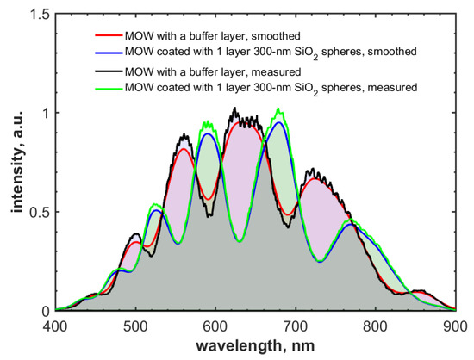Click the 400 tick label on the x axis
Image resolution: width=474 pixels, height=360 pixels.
tap(55, 326)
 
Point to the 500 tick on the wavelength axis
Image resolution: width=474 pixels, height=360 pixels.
tap(135, 326)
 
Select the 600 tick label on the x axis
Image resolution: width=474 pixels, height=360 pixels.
tap(215, 326)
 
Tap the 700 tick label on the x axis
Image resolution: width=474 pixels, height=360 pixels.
tap(296, 326)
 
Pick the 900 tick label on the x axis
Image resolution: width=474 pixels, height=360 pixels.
tap(454, 326)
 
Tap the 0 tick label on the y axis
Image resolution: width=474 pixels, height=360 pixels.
tap(45, 311)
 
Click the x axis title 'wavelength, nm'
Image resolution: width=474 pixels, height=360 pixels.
tap(255, 344)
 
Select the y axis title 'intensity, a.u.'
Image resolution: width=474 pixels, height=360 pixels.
tap(15, 163)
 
